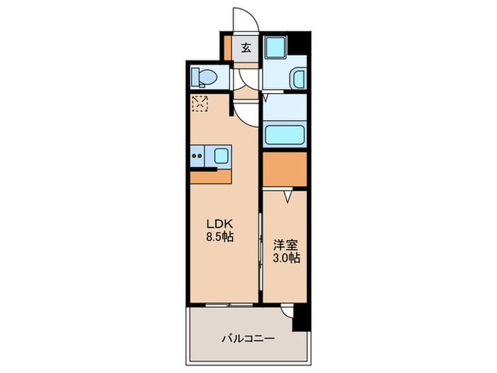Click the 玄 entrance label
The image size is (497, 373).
tap(246, 48)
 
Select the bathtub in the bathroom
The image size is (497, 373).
tap(283, 135)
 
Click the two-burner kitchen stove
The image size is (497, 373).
tap(199, 155)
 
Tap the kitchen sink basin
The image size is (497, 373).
tap(221, 155)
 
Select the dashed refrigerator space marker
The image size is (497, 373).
tap(200, 104)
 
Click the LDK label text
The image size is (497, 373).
tap(217, 222)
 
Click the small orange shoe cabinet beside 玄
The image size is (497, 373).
tap(226, 48)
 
